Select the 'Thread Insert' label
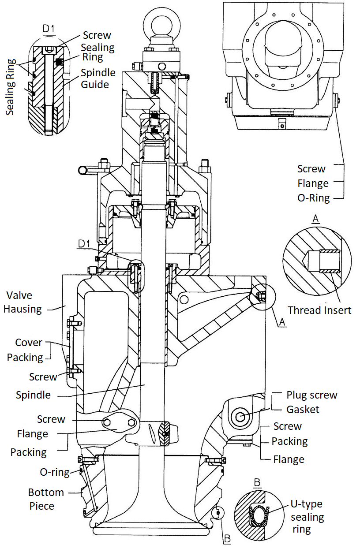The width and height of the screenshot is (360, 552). click(319, 310)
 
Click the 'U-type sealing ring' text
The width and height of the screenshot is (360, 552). click(306, 516)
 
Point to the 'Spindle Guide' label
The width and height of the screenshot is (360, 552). click(98, 78)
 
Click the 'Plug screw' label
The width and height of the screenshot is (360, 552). click(311, 395)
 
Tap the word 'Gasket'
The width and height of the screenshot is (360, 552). click(303, 409)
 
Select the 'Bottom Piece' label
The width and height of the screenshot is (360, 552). click(46, 499)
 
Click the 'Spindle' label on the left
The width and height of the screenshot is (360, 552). click(33, 395)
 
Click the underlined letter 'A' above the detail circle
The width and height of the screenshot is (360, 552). click(315, 220)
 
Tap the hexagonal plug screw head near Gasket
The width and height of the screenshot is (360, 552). click(240, 416)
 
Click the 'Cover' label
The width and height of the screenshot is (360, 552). click(29, 343)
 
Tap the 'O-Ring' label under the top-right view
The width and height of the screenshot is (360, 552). click(313, 198)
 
